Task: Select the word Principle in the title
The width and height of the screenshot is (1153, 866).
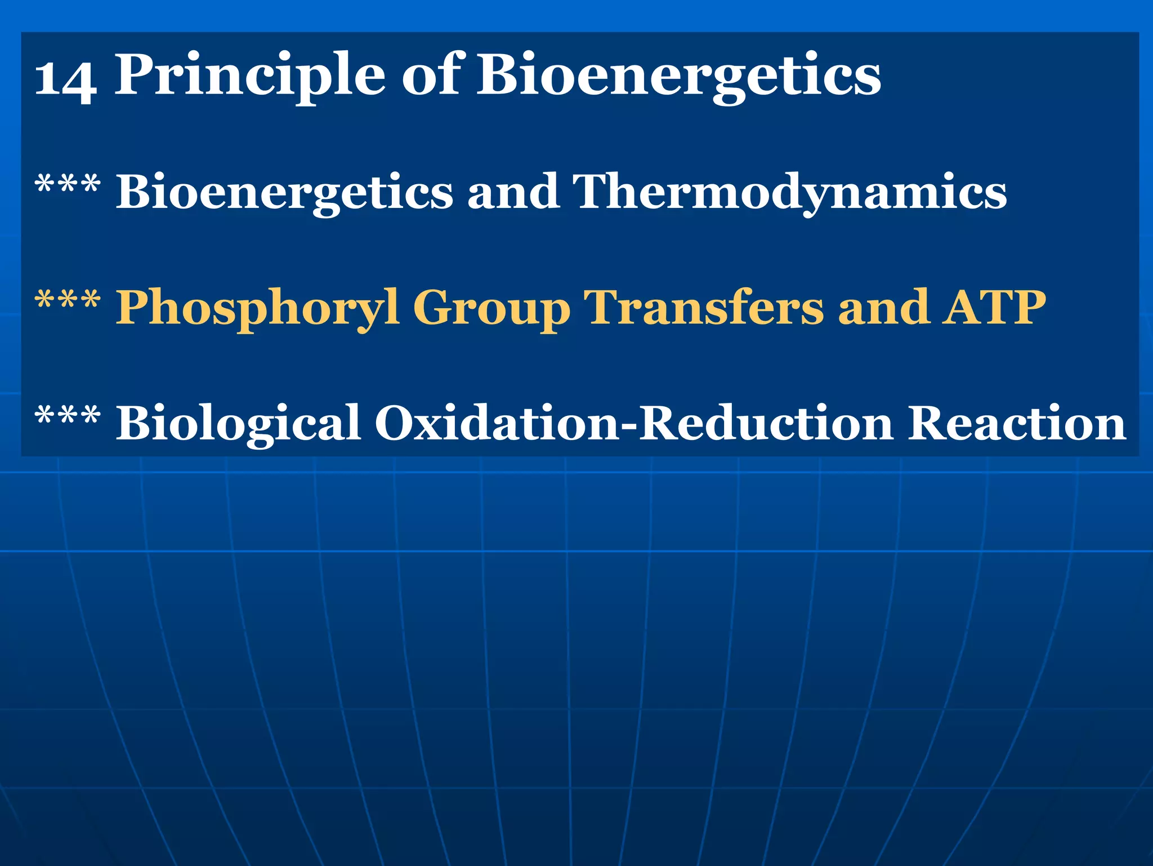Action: (x=250, y=76)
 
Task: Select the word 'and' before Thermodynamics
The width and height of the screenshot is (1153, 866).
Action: (x=513, y=192)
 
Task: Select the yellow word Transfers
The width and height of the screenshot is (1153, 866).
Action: (x=704, y=307)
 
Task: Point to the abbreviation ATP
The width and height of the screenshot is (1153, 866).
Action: (x=994, y=307)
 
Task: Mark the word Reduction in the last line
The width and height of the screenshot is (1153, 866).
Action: (x=766, y=423)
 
